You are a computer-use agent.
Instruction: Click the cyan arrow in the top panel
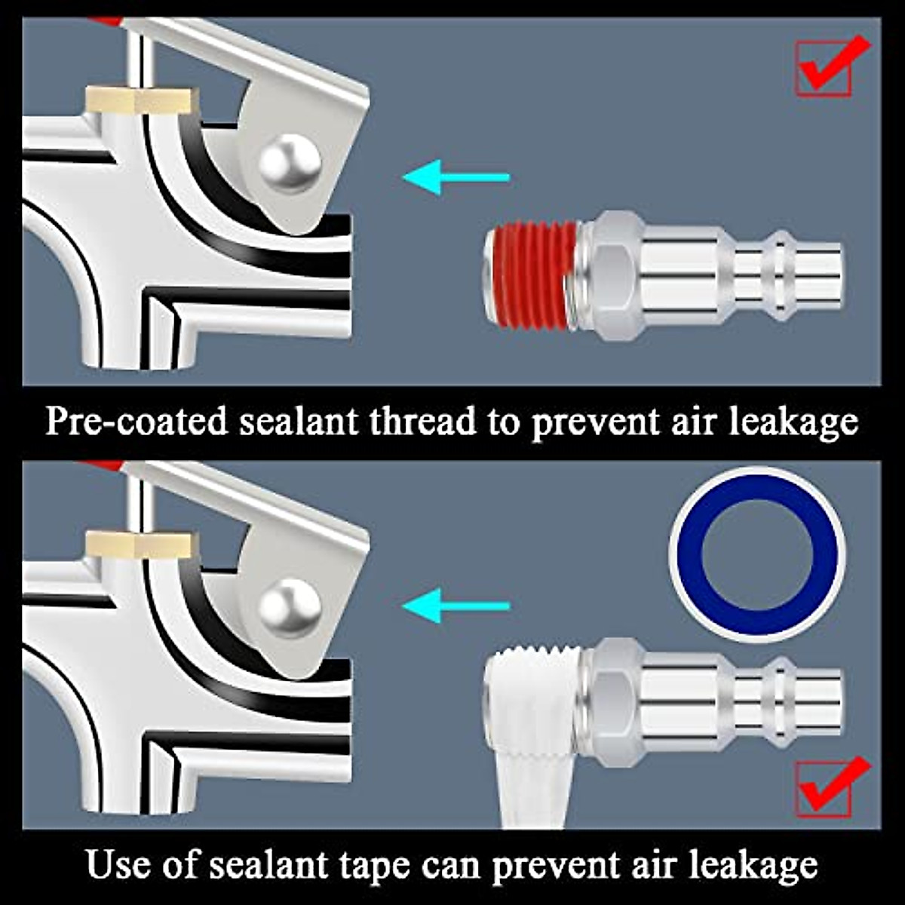point(456,178)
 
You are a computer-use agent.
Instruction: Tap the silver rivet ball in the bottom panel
point(290,607)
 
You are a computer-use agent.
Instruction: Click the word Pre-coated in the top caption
point(136,421)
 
